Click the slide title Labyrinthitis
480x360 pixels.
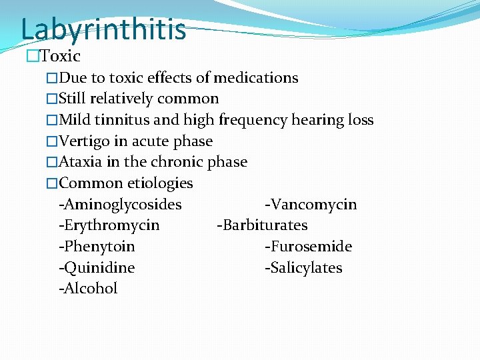tap(103, 29)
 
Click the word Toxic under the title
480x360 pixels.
tap(60, 57)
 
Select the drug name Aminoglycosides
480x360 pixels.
tap(122, 204)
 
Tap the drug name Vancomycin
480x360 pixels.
tap(313, 204)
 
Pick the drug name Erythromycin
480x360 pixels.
tap(111, 225)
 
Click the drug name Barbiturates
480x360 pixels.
tap(265, 225)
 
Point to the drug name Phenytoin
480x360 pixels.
tap(99, 247)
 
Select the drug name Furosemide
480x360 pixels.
tap(310, 247)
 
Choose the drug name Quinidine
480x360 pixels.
tap(99, 268)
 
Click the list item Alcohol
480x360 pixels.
tap(90, 289)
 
